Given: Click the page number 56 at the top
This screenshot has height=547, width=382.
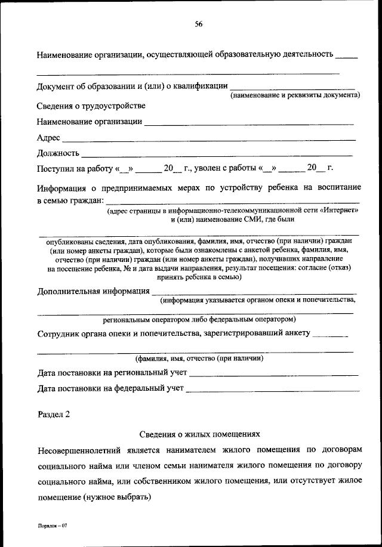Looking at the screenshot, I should click(199, 24).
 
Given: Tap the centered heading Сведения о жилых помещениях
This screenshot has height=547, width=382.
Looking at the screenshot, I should click(200, 435).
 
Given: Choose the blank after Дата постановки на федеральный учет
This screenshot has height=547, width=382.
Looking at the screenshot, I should click(273, 390).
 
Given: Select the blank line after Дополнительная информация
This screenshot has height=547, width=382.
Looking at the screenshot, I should click(254, 292).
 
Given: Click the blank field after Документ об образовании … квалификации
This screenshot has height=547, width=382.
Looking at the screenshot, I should click(292, 87).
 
